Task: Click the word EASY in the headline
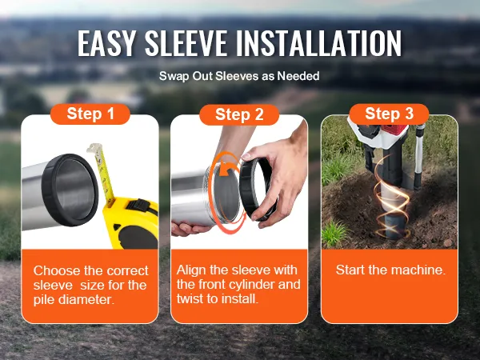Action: [106, 43]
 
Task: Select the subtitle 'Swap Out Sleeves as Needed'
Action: [239, 76]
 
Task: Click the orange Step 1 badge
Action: [90, 114]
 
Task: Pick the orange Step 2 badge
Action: [239, 114]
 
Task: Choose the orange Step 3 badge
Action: [389, 114]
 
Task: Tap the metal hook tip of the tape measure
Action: [94, 147]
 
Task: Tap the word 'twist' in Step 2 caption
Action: [190, 298]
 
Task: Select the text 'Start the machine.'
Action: [390, 270]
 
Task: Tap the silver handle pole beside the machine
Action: [418, 156]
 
